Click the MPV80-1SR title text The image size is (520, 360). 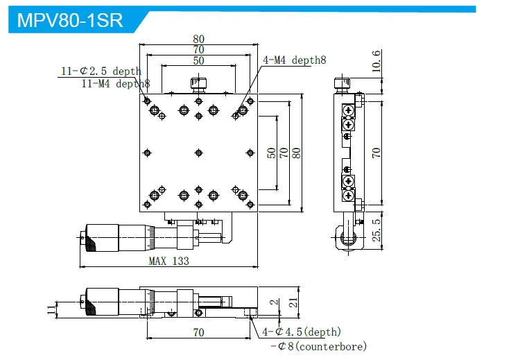click(x=69, y=19)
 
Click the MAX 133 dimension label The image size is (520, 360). click(x=168, y=261)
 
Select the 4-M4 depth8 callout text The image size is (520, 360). click(x=294, y=60)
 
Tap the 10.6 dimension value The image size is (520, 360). click(x=376, y=62)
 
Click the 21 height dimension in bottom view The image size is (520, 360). click(x=293, y=302)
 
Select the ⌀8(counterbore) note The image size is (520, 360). click(x=318, y=346)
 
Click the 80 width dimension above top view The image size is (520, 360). click(x=199, y=39)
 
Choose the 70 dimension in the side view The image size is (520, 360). click(x=376, y=153)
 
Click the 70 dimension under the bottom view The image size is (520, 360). click(x=199, y=333)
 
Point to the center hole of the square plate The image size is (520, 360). click(x=199, y=153)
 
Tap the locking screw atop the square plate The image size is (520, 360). click(x=199, y=85)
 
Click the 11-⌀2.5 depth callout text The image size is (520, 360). click(x=101, y=71)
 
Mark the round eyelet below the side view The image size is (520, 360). click(x=348, y=239)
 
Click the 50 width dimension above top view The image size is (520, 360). click(x=199, y=61)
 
